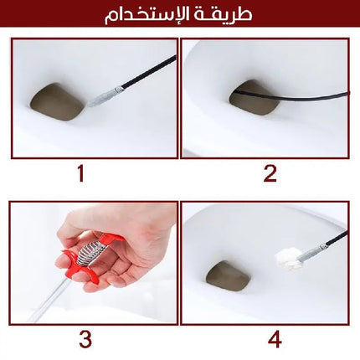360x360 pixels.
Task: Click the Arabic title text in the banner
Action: tap(178, 14)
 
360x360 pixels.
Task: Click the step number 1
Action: tap(81, 173)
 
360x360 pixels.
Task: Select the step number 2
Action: tap(270, 173)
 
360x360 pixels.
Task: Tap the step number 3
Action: tap(85, 340)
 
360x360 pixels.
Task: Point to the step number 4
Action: tap(275, 340)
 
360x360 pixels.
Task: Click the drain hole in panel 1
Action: tap(57, 102)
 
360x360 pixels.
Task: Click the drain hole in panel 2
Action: tap(254, 98)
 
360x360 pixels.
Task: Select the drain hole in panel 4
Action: tap(228, 276)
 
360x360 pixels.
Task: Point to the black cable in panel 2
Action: tap(291, 96)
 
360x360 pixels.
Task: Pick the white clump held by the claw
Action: tap(287, 258)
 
